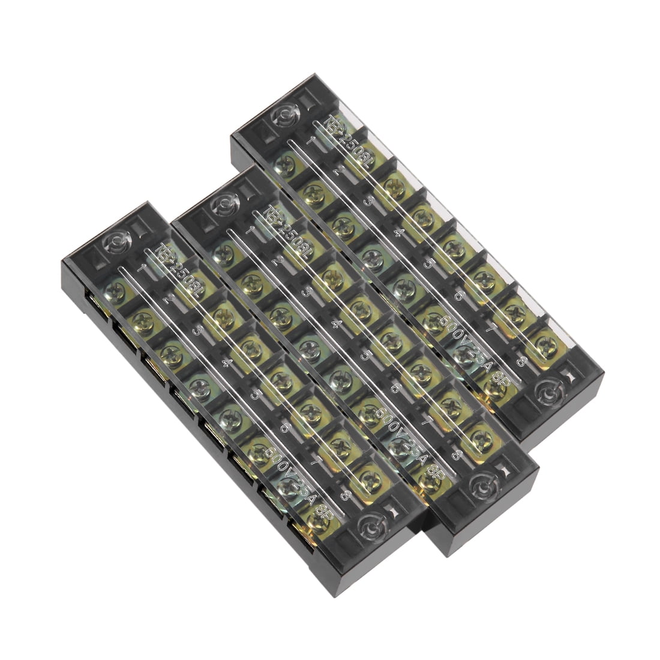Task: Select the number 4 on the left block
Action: coord(226,362)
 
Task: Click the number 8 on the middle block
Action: coord(457,455)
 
